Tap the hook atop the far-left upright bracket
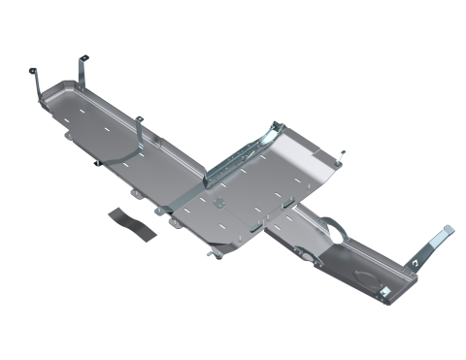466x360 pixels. click(33, 70)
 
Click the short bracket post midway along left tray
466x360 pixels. click(141, 123)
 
